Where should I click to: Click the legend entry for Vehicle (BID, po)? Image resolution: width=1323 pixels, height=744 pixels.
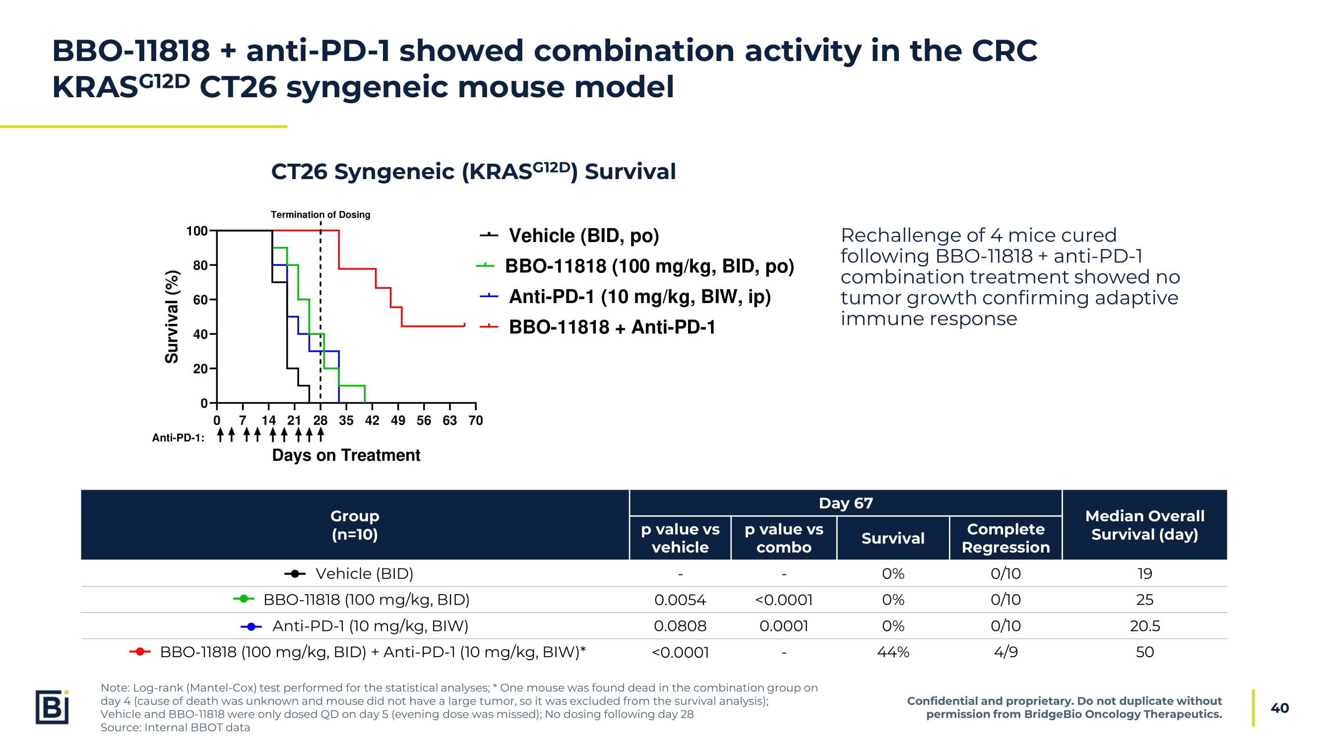point(583,236)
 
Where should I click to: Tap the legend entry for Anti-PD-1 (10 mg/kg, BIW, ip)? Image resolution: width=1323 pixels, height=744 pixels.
point(639,297)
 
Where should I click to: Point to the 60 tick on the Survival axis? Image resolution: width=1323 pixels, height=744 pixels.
point(200,300)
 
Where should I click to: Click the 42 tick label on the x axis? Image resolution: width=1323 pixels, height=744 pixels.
point(372,421)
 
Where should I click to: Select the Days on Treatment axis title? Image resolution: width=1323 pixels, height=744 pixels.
point(346,455)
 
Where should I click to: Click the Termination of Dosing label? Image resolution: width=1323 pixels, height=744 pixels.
point(320,215)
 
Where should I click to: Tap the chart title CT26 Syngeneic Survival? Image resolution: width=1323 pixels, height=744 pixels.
point(473,172)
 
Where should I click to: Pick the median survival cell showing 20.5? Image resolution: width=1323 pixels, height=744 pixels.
point(1144,626)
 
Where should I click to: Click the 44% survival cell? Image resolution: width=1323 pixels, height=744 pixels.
point(892,652)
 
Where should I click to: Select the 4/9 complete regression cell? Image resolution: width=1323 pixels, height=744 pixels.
point(1005,652)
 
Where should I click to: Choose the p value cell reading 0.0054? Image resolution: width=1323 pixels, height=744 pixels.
point(680,600)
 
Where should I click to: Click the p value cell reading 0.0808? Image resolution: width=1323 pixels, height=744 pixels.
point(680,626)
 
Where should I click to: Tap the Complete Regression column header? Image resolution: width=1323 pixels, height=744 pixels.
point(1005,538)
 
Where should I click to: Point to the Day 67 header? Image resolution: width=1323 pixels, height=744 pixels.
point(845,503)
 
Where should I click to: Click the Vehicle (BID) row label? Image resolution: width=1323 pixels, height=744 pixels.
point(364,573)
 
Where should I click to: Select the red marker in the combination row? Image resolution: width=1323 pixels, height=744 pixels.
point(140,652)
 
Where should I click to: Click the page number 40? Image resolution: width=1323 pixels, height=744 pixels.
point(1279,708)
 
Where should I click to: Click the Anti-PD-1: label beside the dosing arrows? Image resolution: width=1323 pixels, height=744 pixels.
point(178,438)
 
